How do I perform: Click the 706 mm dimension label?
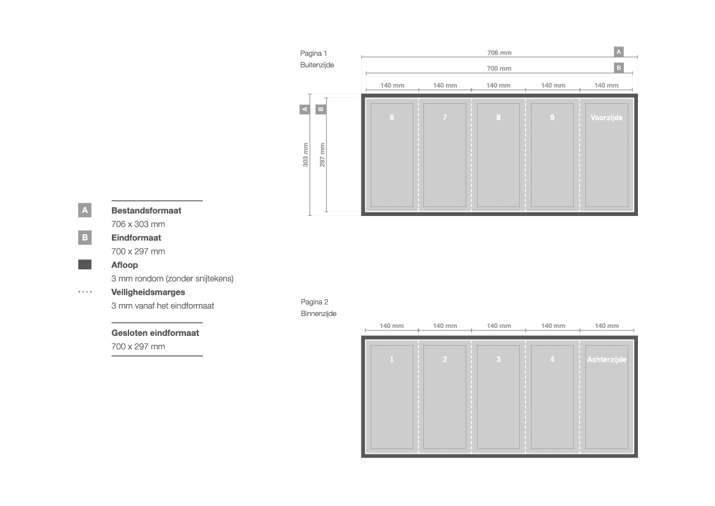[499, 53]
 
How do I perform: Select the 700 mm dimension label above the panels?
[499, 69]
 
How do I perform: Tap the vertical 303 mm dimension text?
[306, 155]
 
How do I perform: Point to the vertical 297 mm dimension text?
[322, 155]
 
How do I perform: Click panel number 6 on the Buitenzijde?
[391, 117]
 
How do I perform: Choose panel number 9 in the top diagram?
[552, 117]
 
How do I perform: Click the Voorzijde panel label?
[607, 117]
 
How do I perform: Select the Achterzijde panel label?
[607, 360]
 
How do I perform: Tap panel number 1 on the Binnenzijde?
[391, 360]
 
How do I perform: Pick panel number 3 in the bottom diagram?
[498, 360]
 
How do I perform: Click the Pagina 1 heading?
[314, 53]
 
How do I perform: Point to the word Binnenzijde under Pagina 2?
[319, 313]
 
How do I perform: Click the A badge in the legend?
[85, 210]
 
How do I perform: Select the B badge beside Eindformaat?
[85, 238]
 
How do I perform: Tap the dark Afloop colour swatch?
[85, 265]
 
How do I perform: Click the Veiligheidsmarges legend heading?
[148, 292]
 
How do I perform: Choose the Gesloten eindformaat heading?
[155, 333]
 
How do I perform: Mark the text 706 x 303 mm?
[138, 224]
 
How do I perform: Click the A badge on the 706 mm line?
[619, 52]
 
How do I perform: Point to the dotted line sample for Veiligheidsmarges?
[85, 292]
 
